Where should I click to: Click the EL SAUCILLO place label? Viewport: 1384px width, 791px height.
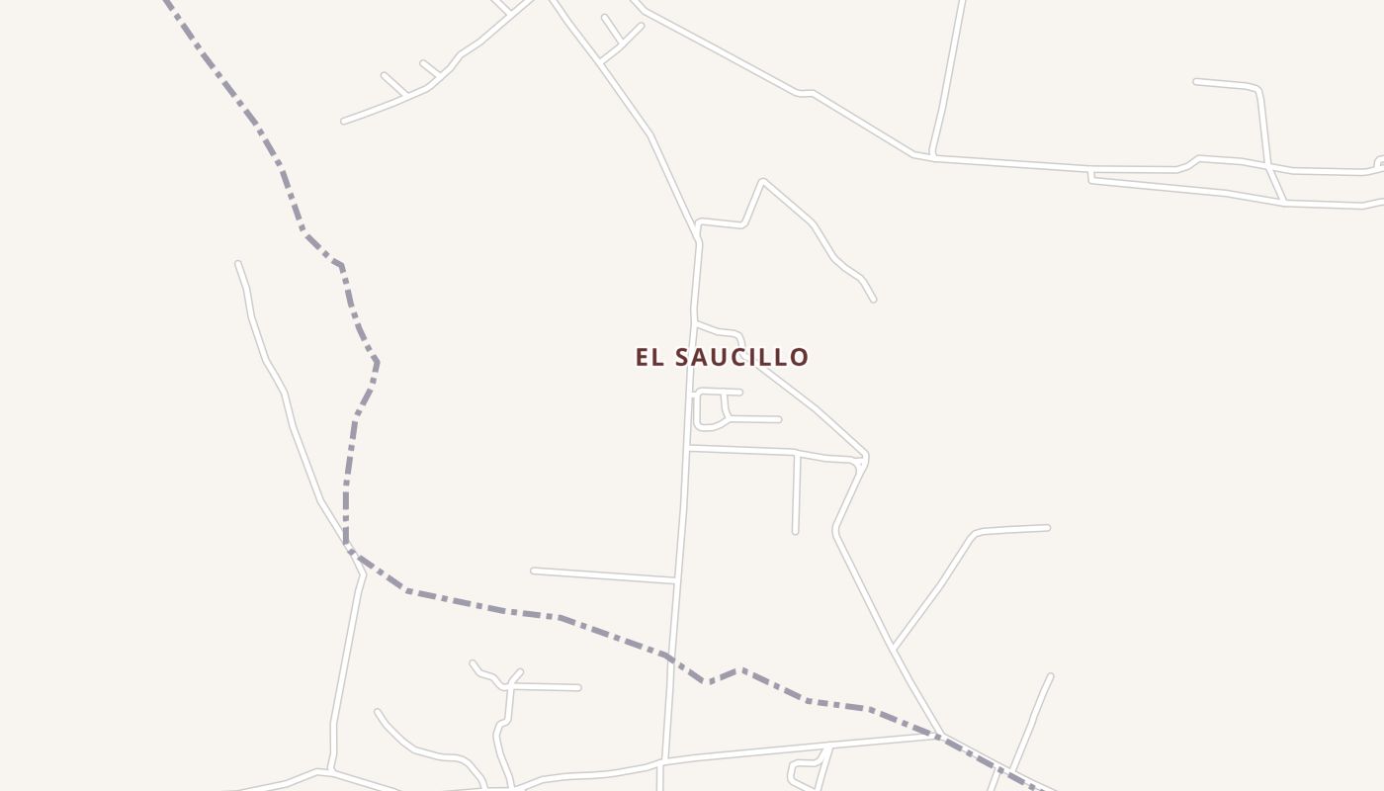click(722, 357)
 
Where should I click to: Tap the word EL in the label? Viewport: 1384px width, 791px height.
click(649, 357)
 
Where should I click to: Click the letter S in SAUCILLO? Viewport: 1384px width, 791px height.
click(682, 357)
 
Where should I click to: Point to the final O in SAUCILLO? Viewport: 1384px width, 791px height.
click(799, 357)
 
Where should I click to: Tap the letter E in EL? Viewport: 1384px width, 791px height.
click(643, 357)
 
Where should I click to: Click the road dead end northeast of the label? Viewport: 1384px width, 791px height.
click(873, 299)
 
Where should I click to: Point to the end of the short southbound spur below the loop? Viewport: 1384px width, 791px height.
click(795, 532)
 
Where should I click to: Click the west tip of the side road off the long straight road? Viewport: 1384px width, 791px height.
click(534, 571)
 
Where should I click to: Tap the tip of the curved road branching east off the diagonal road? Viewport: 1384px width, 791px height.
click(1047, 528)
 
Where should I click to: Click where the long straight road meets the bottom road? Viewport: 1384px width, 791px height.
click(664, 759)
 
